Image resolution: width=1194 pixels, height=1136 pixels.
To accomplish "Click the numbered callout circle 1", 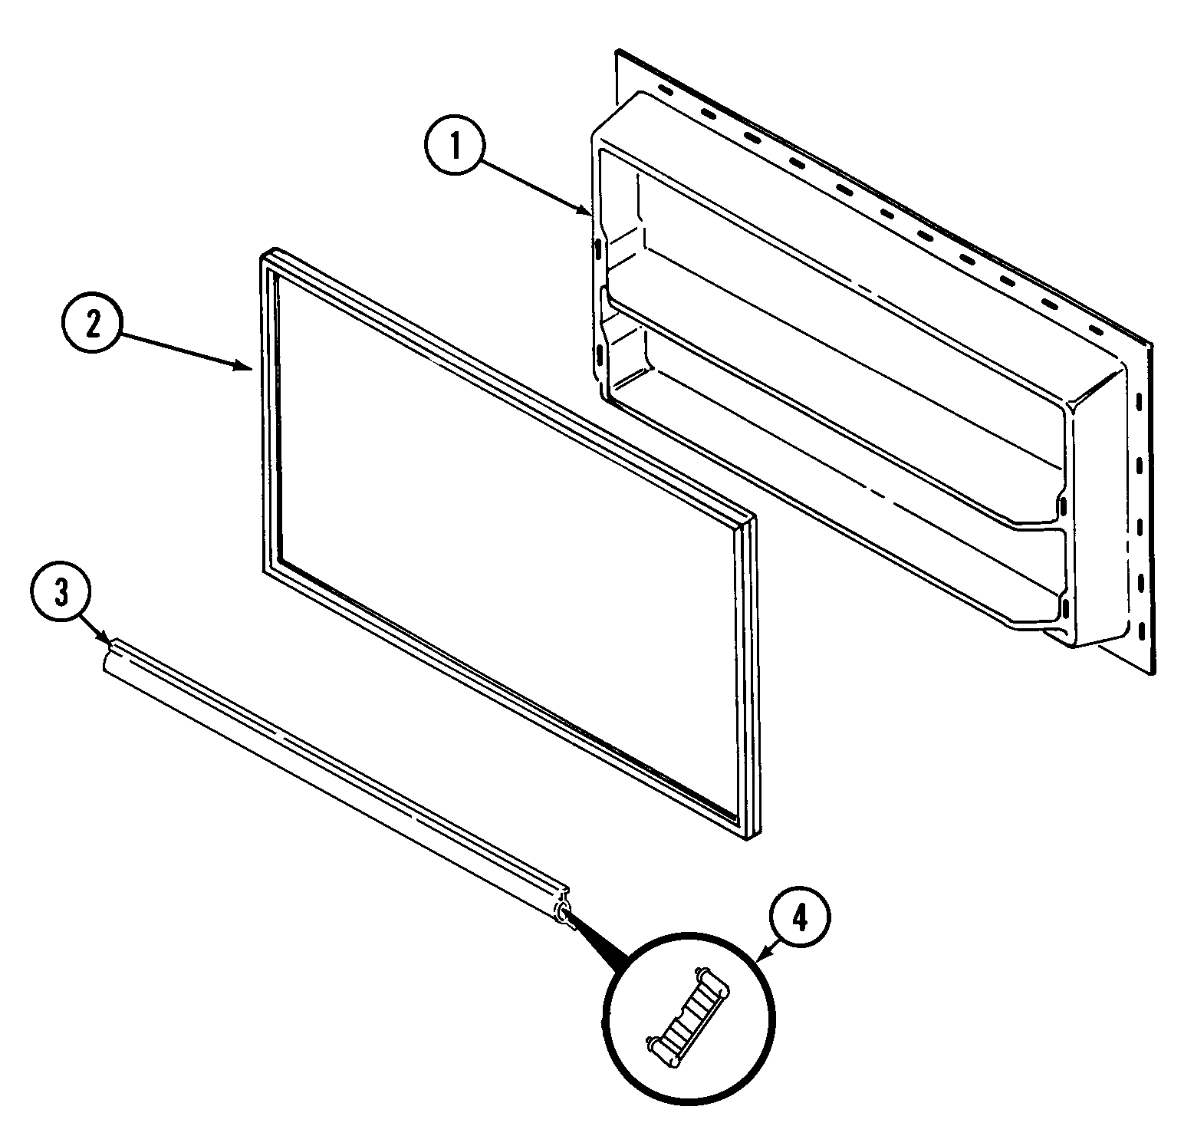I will pos(456,147).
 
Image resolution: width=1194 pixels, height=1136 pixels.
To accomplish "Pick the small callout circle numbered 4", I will pos(799,917).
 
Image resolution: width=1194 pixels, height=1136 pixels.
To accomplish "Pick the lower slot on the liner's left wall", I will pos(597,355).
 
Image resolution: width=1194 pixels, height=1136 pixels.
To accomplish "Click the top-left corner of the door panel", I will pos(618,54).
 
